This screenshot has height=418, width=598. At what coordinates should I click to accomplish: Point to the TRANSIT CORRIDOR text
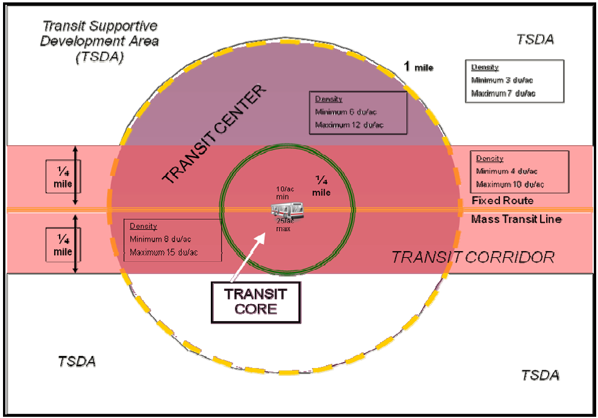point(473,257)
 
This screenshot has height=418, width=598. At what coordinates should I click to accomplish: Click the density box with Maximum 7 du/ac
point(514,81)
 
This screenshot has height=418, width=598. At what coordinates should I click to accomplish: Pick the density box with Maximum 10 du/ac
point(519,171)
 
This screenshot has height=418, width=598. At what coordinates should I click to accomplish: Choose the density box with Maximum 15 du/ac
point(173,240)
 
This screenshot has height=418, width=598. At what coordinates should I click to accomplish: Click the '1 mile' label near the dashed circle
point(418,67)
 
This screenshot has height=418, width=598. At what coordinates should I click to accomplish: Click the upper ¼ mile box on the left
point(62,176)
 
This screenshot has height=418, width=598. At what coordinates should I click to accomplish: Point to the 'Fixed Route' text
point(502,201)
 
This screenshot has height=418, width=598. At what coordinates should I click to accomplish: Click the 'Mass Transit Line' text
point(516,219)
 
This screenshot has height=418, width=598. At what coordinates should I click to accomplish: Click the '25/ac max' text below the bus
point(283,225)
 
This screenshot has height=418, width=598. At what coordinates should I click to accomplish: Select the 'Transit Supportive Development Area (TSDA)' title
point(100,42)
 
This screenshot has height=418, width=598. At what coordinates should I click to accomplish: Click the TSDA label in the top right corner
point(535,40)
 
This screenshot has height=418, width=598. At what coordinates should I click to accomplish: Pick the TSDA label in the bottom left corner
point(77,362)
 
